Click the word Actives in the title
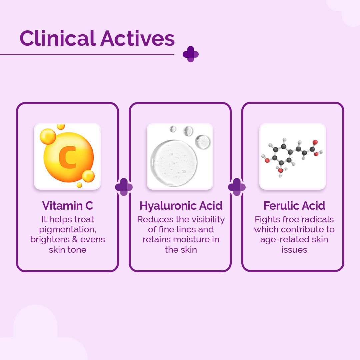point(137,38)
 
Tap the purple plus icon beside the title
point(191,54)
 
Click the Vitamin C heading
point(67,206)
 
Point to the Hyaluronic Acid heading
point(181,206)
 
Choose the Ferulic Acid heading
point(294,206)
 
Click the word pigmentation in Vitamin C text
point(67,229)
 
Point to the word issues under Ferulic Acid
point(294,249)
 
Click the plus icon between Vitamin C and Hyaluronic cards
point(124,187)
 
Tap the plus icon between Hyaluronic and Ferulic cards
point(237,187)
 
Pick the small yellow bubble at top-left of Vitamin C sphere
point(48,136)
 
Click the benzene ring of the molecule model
point(280,154)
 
